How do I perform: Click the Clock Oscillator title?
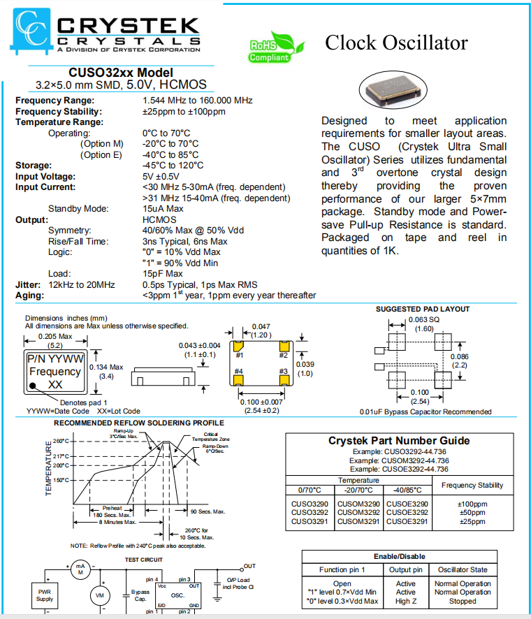coord(396,43)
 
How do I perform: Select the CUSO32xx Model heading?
coord(120,73)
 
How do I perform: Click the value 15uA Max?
coord(163,208)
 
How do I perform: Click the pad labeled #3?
coord(283,379)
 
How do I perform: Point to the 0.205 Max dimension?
coord(55,335)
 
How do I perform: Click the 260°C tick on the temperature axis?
coord(61,441)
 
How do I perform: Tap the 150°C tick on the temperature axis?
coord(61,480)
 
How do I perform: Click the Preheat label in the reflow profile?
coord(112,508)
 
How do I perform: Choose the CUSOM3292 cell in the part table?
coord(358,512)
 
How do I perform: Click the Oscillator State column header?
coord(462,569)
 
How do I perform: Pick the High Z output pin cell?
coord(406,601)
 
